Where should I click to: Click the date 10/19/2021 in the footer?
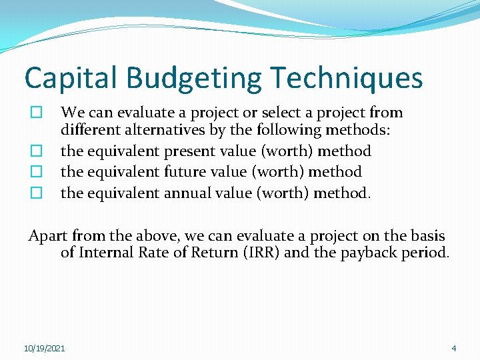(45, 348)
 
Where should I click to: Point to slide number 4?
(454, 348)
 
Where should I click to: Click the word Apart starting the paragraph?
(47, 236)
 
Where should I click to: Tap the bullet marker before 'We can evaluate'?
(37, 113)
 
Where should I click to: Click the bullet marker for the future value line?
(37, 172)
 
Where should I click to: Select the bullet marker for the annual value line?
(37, 193)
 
